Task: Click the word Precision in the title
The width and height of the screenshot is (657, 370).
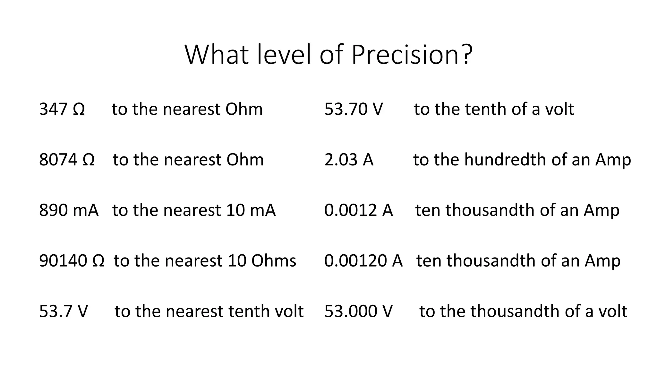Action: click(406, 55)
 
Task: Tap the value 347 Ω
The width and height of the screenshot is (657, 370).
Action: click(62, 109)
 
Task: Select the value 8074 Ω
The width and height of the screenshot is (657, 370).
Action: click(67, 159)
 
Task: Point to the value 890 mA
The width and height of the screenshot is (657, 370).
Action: click(69, 210)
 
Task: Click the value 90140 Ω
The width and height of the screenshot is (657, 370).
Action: click(72, 260)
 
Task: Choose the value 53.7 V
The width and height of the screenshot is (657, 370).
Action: click(63, 311)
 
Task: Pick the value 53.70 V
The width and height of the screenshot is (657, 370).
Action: click(354, 109)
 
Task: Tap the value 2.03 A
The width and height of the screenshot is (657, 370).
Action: click(349, 159)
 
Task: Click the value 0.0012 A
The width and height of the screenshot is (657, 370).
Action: click(358, 210)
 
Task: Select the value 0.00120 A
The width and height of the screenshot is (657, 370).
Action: click(363, 260)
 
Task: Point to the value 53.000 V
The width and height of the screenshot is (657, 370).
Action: click(358, 311)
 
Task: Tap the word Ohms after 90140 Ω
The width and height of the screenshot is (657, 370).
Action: click(274, 260)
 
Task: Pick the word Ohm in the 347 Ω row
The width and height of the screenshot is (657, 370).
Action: click(244, 109)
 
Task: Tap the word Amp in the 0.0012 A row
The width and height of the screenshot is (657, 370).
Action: click(602, 211)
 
